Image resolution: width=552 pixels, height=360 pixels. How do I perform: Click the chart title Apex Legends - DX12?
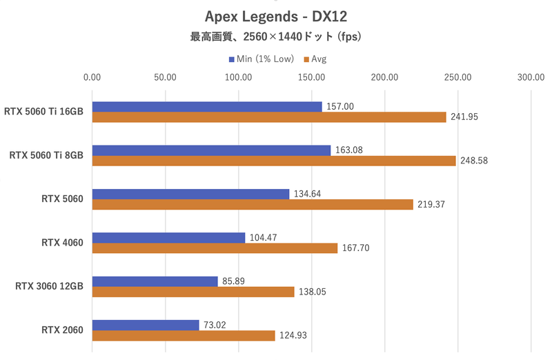275,15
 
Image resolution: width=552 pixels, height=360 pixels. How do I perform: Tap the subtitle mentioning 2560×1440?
275,37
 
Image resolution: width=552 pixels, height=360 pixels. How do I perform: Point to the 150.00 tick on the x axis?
311,78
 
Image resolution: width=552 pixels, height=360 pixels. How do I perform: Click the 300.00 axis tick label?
531,78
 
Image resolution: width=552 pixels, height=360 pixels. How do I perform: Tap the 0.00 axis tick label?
92,78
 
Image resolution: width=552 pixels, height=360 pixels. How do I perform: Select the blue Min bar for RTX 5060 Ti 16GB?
206,107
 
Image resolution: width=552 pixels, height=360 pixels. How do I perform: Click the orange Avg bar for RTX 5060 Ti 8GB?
273,161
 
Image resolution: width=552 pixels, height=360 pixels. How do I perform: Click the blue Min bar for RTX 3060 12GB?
155,281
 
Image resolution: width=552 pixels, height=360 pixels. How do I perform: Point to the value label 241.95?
465,117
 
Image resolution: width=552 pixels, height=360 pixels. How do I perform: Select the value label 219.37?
432,205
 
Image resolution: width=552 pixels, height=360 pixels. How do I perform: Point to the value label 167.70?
356,248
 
